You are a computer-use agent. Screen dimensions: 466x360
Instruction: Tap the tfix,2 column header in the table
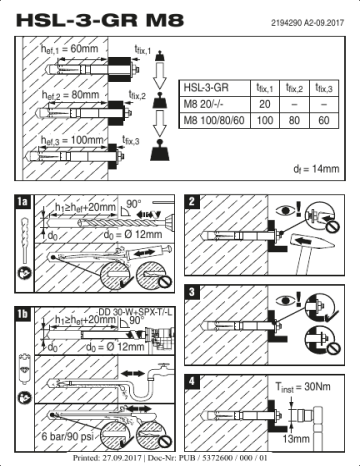click(295, 89)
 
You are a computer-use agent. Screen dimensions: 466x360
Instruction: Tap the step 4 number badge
click(192, 381)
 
